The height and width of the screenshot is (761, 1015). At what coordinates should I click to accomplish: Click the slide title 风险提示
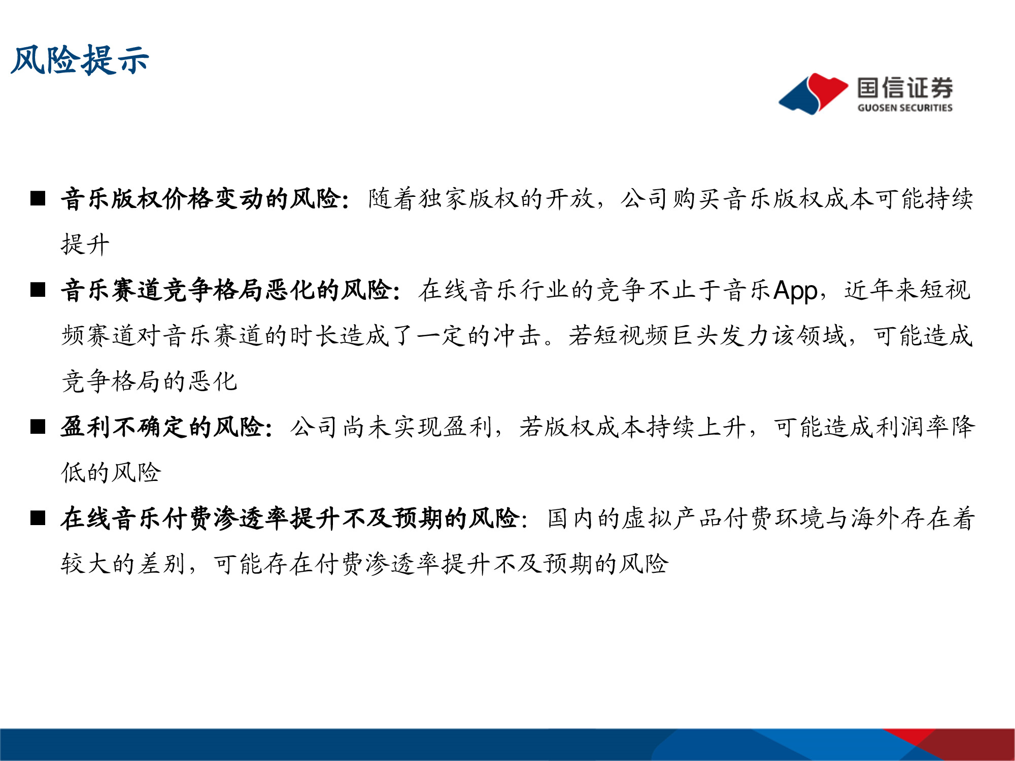(80, 60)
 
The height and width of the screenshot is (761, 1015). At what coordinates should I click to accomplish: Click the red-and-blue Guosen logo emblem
(813, 93)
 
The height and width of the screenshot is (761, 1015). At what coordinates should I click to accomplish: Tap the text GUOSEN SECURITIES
(905, 108)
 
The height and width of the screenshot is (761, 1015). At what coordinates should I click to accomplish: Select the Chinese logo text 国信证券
(905, 88)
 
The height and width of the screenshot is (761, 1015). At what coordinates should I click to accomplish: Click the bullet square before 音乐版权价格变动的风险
(38, 198)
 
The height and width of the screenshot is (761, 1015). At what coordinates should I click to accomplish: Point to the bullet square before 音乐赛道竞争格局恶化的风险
(38, 290)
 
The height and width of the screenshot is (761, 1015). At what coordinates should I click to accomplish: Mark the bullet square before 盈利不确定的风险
(38, 427)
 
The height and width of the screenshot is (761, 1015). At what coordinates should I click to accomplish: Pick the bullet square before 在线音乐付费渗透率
(38, 518)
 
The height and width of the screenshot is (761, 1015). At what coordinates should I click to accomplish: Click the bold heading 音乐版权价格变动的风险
(201, 198)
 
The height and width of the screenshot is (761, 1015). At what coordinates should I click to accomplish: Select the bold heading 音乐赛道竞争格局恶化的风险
(226, 290)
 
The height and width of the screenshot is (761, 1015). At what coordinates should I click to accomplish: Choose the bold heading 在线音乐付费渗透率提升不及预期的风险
(289, 518)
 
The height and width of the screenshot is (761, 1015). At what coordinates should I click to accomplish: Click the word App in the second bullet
(795, 291)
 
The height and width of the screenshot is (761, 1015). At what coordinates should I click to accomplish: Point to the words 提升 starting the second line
(85, 245)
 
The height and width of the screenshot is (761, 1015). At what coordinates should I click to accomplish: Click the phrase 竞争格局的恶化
(149, 382)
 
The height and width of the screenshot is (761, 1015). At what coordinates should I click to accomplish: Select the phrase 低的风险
(111, 473)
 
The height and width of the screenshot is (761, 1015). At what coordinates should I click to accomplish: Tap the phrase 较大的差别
(123, 564)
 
